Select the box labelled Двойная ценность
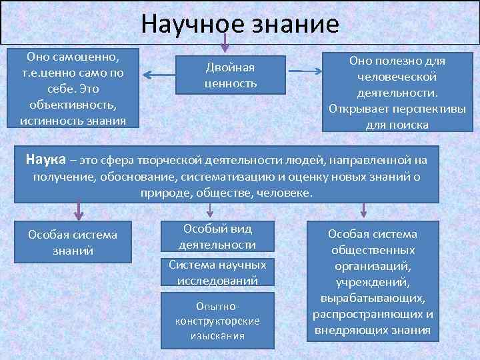pyautogui.click(x=230, y=75)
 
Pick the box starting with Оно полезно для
pyautogui.click(x=397, y=92)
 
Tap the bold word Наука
pyautogui.click(x=46, y=160)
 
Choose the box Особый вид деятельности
pyautogui.click(x=217, y=236)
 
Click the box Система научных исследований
pyautogui.click(x=217, y=272)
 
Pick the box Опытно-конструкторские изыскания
pyautogui.click(x=217, y=319)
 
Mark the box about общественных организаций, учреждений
pyautogui.click(x=372, y=282)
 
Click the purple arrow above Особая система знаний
pyautogui.click(x=79, y=210)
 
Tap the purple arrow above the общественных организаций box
pyautogui.click(x=363, y=210)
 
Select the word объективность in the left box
pyautogui.click(x=73, y=106)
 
